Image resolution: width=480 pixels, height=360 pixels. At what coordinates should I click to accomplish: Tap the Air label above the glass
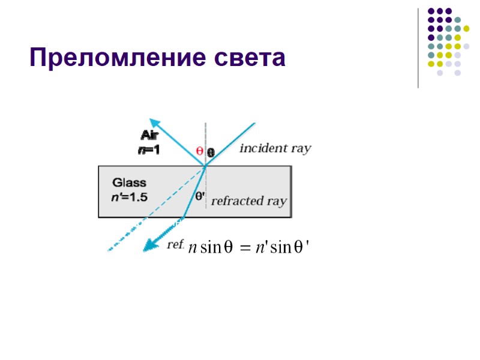[x=149, y=135]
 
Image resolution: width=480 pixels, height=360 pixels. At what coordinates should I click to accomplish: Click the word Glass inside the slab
[x=129, y=182]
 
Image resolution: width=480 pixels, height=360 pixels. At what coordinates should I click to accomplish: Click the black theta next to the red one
[x=211, y=152]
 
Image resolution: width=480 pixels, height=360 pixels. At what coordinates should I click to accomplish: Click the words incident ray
[x=275, y=148]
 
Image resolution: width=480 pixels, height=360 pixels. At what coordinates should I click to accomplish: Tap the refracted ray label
[x=249, y=201]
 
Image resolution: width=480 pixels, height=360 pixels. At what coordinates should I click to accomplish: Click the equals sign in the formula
[x=246, y=248]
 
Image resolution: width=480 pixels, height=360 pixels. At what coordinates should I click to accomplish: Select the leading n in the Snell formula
[x=191, y=248]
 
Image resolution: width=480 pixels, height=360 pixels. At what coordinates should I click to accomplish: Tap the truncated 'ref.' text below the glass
[x=175, y=245]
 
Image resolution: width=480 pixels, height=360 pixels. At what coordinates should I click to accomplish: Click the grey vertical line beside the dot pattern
[x=418, y=48]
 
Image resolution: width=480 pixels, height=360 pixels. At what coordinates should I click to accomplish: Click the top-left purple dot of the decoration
[x=430, y=11]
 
